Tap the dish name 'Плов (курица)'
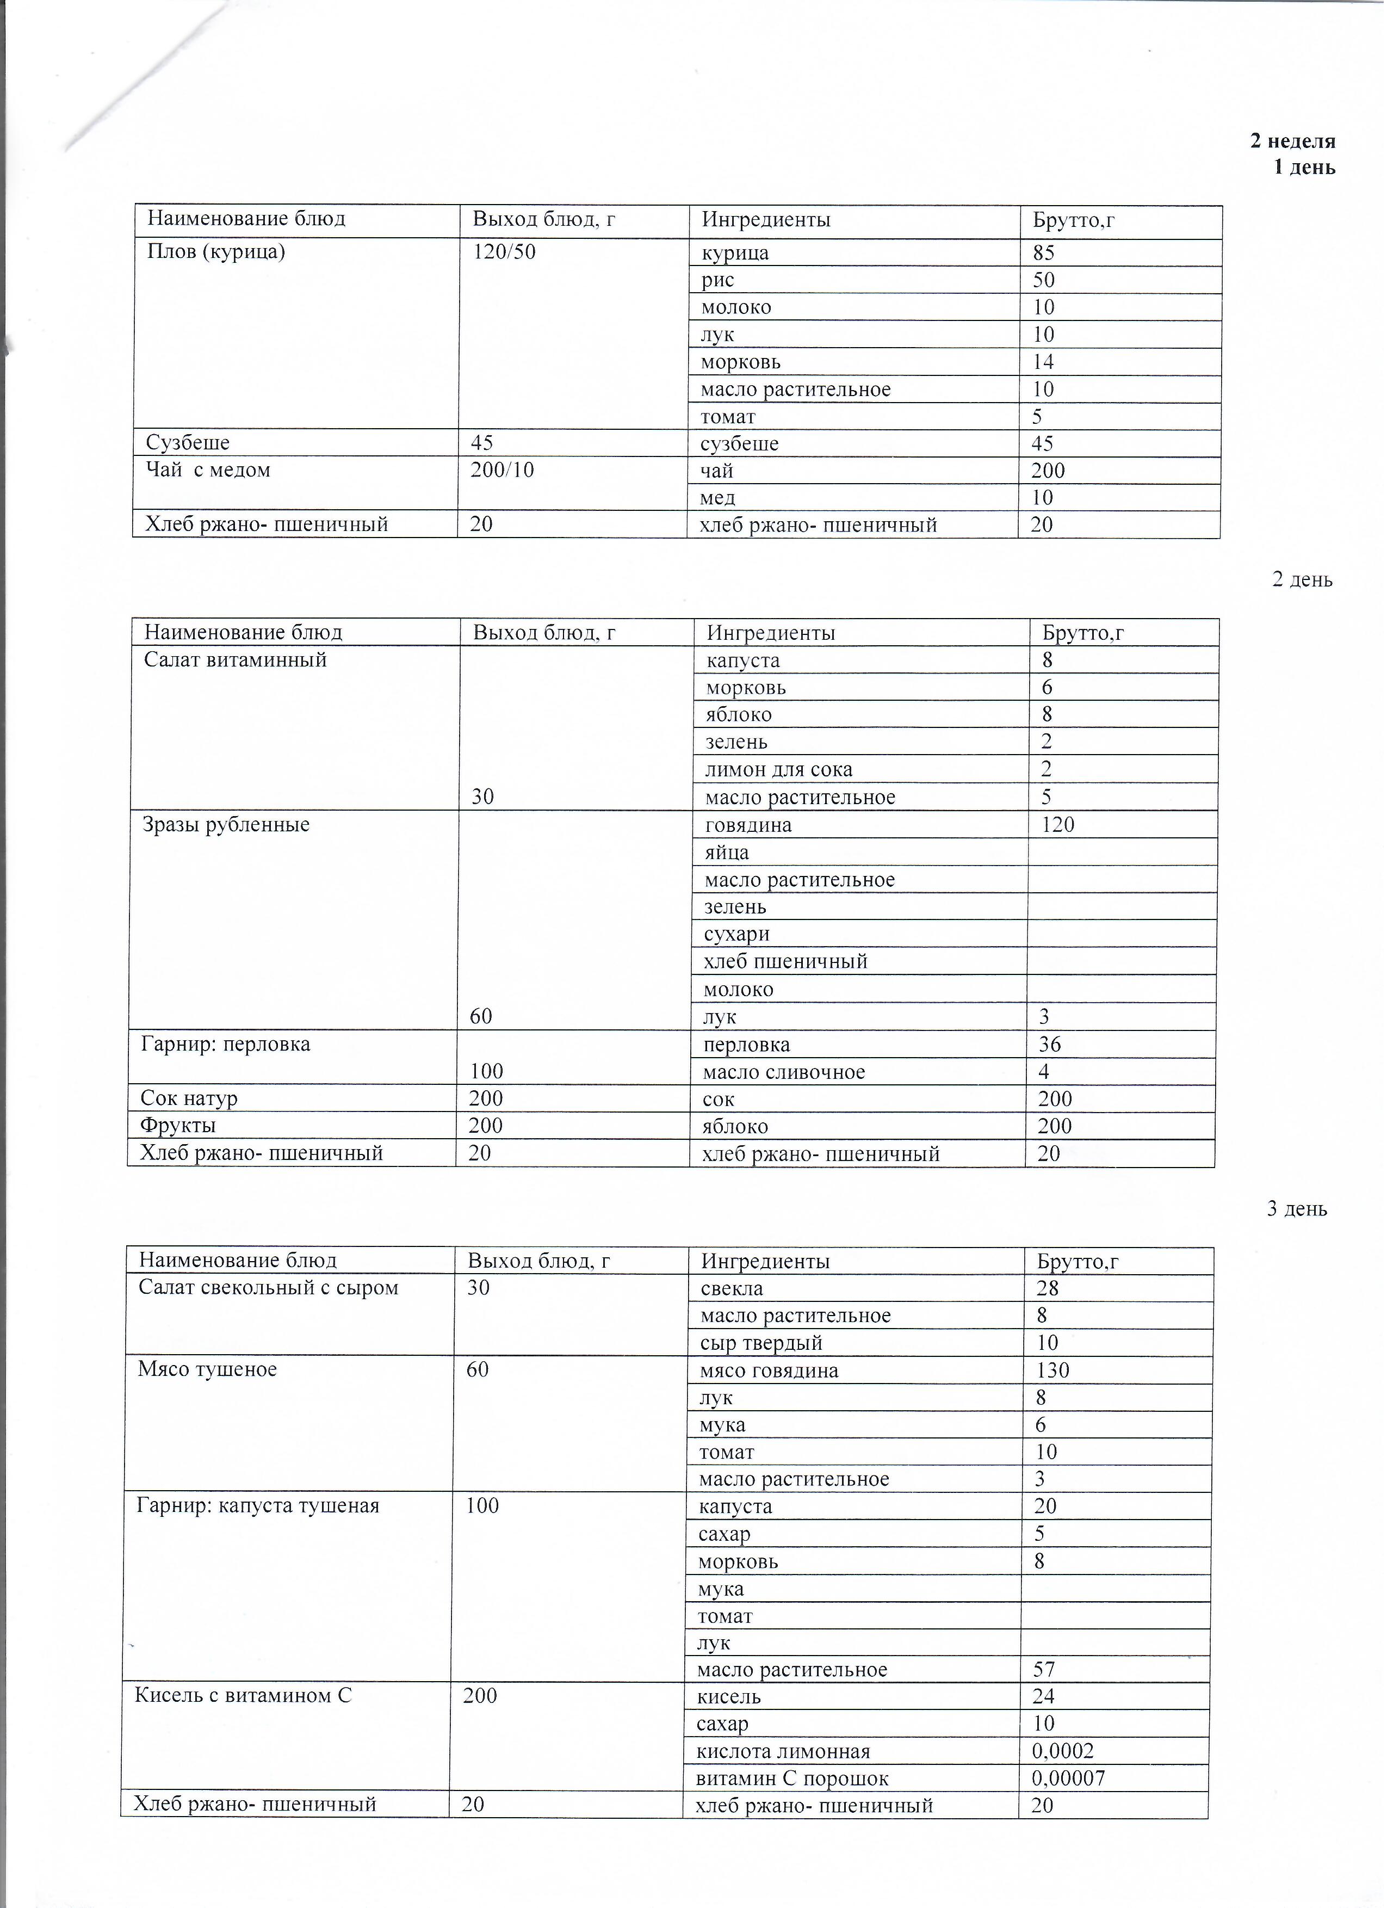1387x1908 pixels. click(x=216, y=251)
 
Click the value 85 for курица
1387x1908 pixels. click(x=1044, y=253)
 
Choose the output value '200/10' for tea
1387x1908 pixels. click(x=502, y=470)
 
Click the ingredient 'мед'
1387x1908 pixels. click(x=717, y=498)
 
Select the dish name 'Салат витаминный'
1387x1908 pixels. click(x=234, y=659)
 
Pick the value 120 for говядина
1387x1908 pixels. click(x=1058, y=824)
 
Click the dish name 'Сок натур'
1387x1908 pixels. click(x=189, y=1098)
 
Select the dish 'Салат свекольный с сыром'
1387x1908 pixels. click(x=268, y=1288)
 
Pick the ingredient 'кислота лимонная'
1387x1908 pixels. click(x=783, y=1751)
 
